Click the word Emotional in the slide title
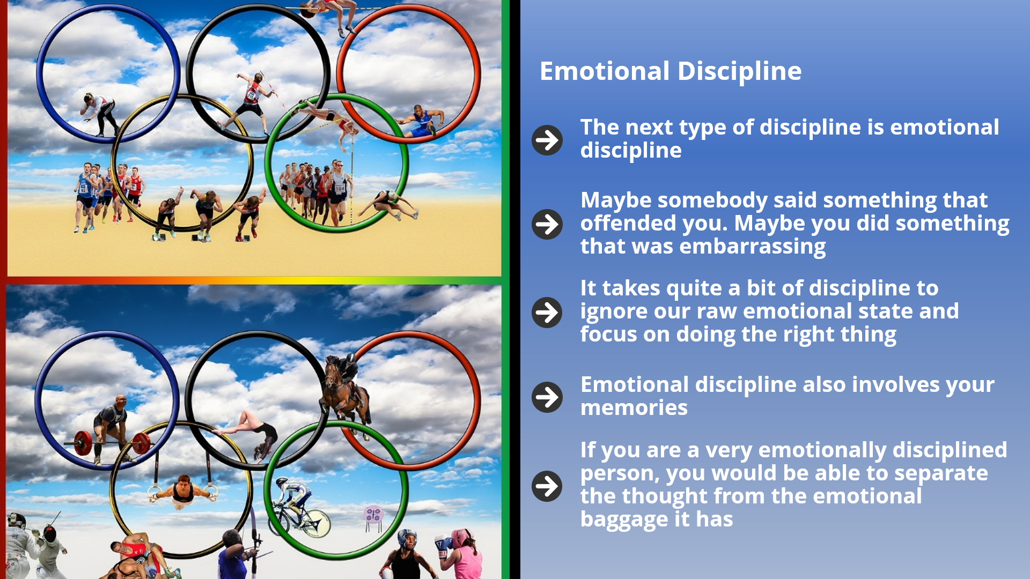[x=605, y=71]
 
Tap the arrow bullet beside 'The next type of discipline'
[x=547, y=140]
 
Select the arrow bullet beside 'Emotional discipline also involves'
[x=547, y=397]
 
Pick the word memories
[x=634, y=407]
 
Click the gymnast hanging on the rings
[x=183, y=491]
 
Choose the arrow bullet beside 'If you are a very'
[x=547, y=486]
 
